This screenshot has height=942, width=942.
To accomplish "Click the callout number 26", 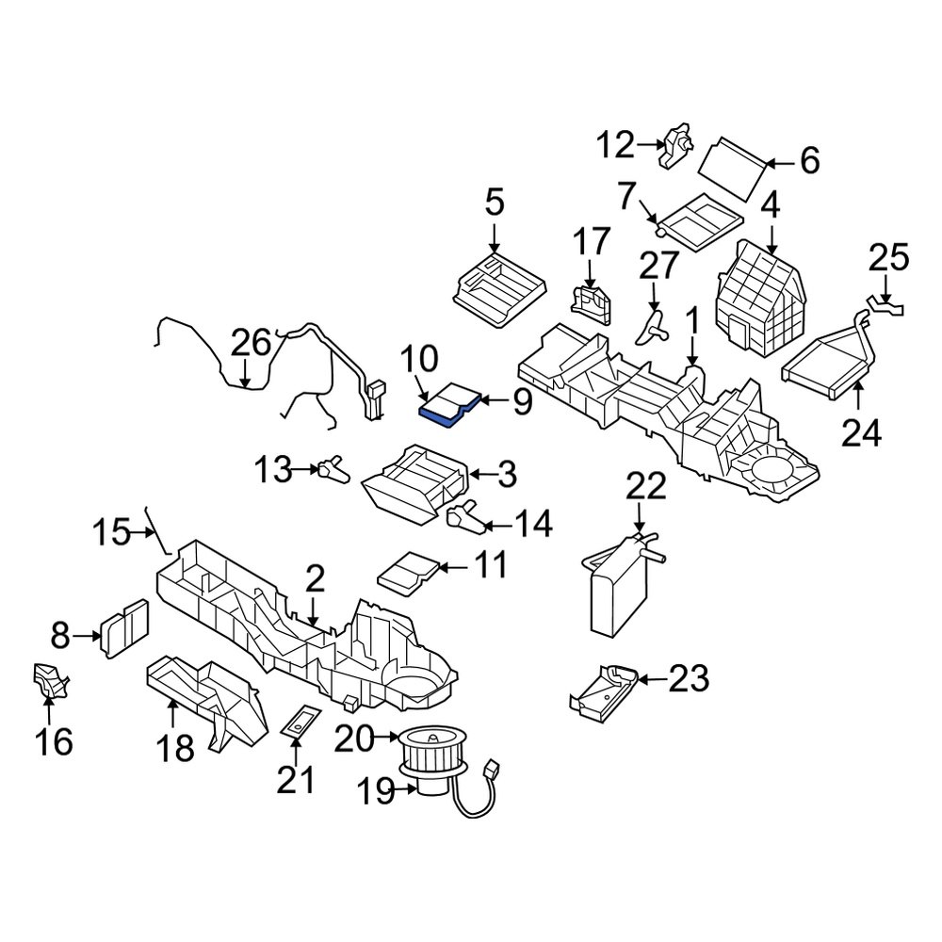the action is click(252, 344).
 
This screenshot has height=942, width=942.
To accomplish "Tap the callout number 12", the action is click(615, 145).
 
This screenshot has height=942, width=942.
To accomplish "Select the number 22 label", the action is click(646, 487).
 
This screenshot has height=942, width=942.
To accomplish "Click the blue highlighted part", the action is click(450, 405).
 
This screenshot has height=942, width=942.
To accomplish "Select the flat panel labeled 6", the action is click(732, 169).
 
